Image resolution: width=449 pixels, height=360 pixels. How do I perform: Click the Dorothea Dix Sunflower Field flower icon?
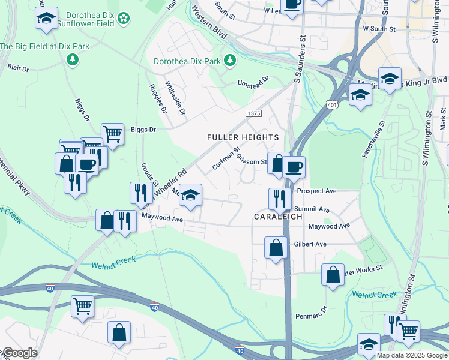[123, 19]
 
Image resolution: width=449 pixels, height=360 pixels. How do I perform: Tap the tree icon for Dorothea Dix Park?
[229, 60]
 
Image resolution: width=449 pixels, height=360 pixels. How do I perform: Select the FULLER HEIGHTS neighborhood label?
[243, 137]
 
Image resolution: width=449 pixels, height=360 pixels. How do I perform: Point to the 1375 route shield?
[253, 113]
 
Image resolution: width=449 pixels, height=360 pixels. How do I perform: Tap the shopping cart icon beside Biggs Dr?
[112, 133]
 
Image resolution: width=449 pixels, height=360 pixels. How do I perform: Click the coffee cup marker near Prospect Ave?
[294, 167]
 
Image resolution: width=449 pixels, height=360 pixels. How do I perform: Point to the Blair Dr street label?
[18, 68]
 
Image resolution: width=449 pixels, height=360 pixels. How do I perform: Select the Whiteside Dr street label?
[176, 98]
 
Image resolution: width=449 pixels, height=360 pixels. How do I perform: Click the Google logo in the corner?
[19, 353]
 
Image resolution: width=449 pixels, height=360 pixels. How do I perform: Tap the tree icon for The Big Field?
[73, 59]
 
